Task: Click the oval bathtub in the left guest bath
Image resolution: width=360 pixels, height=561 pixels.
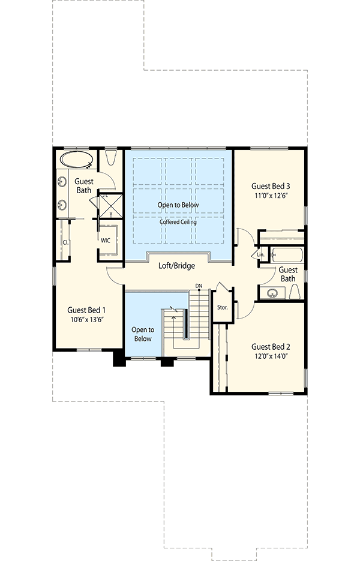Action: [75, 160]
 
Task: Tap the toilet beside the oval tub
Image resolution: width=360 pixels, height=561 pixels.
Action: [110, 159]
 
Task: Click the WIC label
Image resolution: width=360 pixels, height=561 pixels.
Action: [106, 240]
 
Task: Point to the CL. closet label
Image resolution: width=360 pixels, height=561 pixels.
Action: [65, 242]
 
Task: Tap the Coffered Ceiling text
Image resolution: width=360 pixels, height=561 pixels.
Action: [178, 222]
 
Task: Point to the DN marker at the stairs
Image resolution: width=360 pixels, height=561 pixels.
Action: [199, 286]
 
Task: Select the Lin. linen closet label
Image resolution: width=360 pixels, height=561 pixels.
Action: [260, 254]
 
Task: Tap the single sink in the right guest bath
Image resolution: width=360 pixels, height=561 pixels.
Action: [273, 293]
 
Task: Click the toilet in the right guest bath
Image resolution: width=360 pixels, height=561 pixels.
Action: [295, 292]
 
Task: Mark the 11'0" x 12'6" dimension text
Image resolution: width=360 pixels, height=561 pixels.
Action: [271, 196]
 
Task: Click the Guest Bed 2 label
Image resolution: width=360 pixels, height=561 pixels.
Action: [271, 346]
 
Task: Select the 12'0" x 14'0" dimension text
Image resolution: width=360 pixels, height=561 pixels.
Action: [271, 357]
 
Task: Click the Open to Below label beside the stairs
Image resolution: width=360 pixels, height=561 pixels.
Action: [143, 334]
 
